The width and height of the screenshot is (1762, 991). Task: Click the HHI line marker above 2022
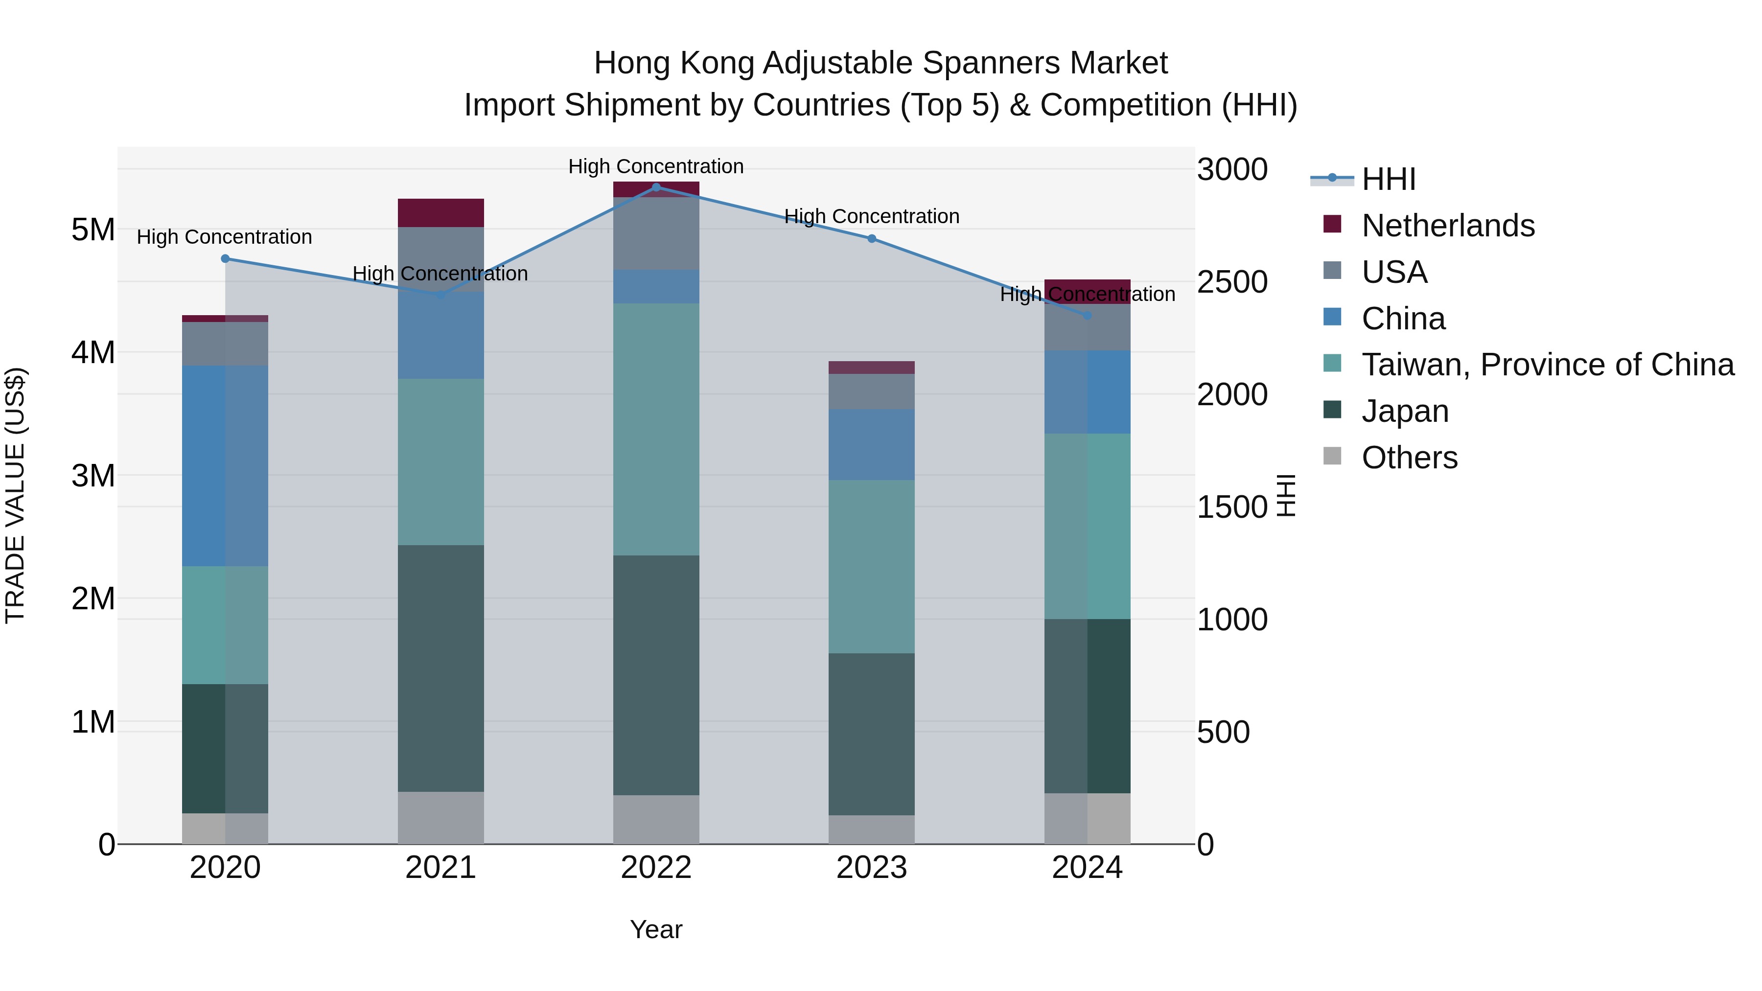coord(656,187)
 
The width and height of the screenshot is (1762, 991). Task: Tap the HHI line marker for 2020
coord(225,258)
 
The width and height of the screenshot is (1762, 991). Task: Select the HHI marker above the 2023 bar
coord(871,239)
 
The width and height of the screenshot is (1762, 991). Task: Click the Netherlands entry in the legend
coord(1447,226)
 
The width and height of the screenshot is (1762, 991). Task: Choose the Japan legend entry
coord(1404,411)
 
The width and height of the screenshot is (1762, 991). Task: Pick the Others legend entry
coord(1409,458)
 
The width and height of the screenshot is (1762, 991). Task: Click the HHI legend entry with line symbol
coord(1388,179)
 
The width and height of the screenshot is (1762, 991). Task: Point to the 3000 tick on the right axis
coord(1232,170)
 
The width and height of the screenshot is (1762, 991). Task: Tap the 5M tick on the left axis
coord(93,230)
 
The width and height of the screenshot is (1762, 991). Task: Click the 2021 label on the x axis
coord(440,868)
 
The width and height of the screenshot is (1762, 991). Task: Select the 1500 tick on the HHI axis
coord(1232,507)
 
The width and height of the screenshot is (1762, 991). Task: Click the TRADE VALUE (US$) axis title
coord(15,495)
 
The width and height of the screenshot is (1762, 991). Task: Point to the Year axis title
coord(656,929)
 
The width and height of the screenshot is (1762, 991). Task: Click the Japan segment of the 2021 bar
coord(440,668)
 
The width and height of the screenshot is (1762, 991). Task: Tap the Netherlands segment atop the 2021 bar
coord(440,213)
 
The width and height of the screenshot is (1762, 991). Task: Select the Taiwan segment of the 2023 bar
coord(871,566)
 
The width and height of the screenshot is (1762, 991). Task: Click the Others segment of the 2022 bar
coord(656,819)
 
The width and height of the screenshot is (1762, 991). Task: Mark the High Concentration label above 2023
coord(871,216)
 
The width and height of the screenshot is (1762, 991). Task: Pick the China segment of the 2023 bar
coord(871,444)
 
